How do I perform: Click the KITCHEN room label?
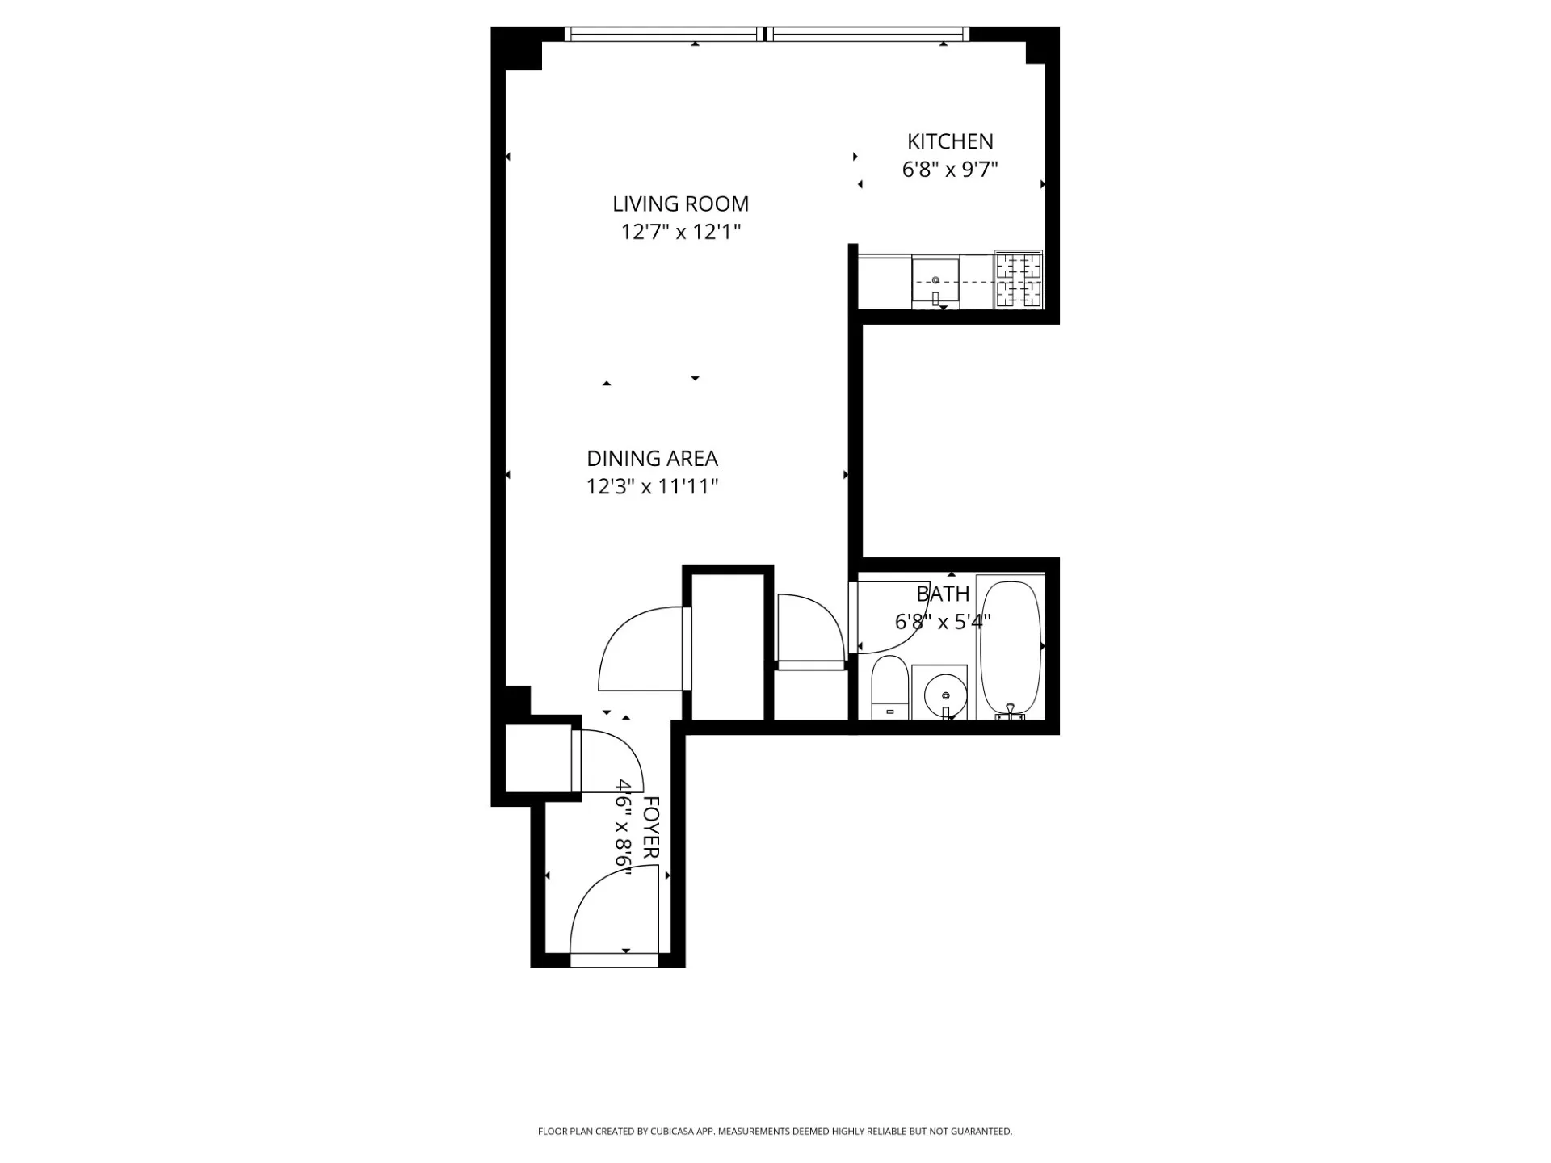click(x=950, y=141)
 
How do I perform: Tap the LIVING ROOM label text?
click(x=680, y=204)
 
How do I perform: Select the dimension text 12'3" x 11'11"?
click(x=652, y=487)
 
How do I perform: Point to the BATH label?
click(x=943, y=594)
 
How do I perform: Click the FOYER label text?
click(x=651, y=827)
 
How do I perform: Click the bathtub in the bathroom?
click(x=1010, y=646)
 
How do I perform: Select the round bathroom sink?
click(x=944, y=695)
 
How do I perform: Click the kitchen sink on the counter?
click(x=935, y=283)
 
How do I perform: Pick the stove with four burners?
click(x=1019, y=279)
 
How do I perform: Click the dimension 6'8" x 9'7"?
click(x=950, y=170)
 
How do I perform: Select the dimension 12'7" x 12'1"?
click(x=680, y=233)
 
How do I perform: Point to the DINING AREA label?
click(x=652, y=459)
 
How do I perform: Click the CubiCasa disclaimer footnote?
click(x=775, y=1132)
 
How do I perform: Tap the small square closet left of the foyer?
click(x=538, y=759)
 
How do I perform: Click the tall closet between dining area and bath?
click(x=728, y=646)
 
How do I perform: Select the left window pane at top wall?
click(x=664, y=34)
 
